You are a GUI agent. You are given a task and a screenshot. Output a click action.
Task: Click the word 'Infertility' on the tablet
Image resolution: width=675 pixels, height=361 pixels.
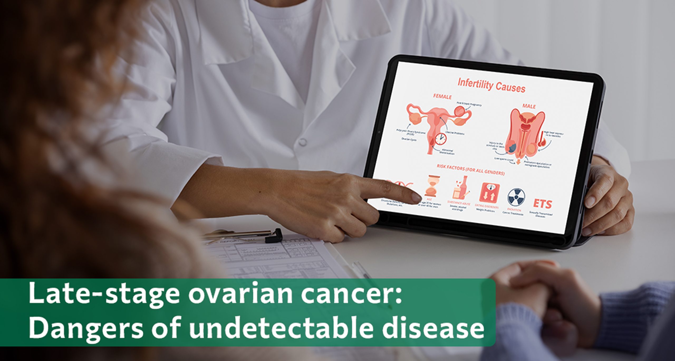pos(474,84)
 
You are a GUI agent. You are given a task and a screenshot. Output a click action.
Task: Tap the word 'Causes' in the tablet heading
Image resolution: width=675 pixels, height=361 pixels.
pos(510,87)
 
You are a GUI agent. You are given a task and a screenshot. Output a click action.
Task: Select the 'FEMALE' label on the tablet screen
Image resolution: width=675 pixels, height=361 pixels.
pos(442,97)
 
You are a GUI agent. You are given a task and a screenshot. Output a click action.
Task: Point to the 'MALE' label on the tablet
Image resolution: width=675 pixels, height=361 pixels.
pos(529,106)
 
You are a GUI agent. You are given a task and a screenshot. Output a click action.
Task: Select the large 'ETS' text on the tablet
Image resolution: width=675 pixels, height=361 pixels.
pos(542,204)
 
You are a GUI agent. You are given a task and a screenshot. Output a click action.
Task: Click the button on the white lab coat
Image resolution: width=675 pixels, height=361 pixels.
pos(303,142)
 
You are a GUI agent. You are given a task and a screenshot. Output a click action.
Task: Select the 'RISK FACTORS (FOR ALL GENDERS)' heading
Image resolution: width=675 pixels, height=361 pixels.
pos(471,169)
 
